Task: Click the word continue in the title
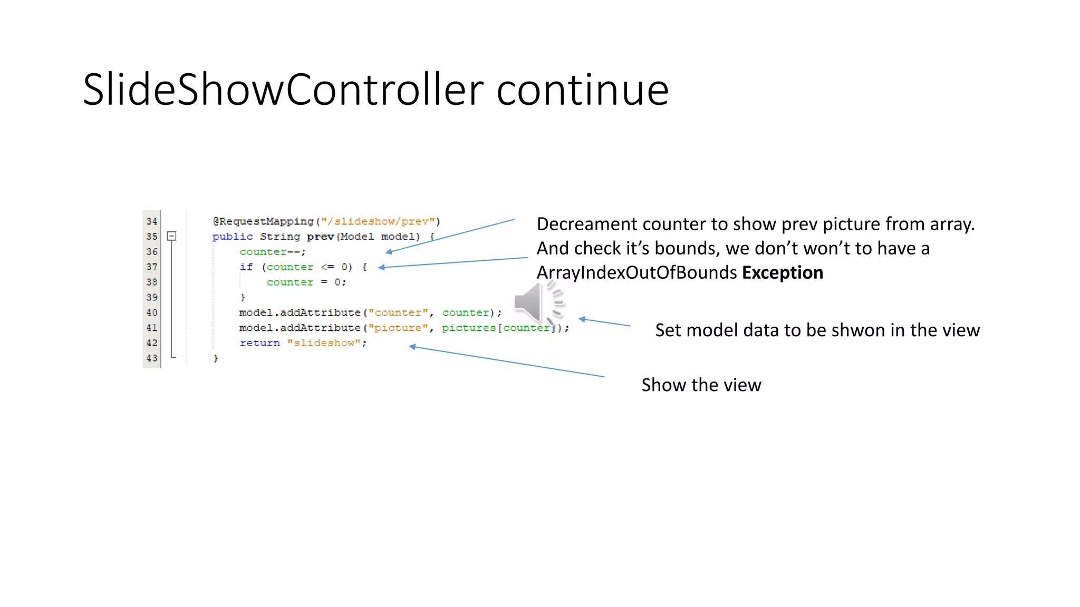coord(582,90)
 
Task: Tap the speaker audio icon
coord(538,303)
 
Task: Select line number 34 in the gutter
coord(152,221)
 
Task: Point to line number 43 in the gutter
coord(152,358)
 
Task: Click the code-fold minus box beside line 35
coord(171,236)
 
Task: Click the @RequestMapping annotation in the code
coord(263,221)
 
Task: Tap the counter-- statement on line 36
coord(272,252)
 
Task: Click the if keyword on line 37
coord(246,267)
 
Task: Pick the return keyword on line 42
coord(259,343)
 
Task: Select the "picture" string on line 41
coord(398,328)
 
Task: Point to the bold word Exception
coord(782,272)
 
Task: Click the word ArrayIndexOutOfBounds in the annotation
coord(637,272)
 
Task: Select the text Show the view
coord(701,385)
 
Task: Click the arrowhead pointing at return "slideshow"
coord(413,346)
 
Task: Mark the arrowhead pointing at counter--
coord(389,252)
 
